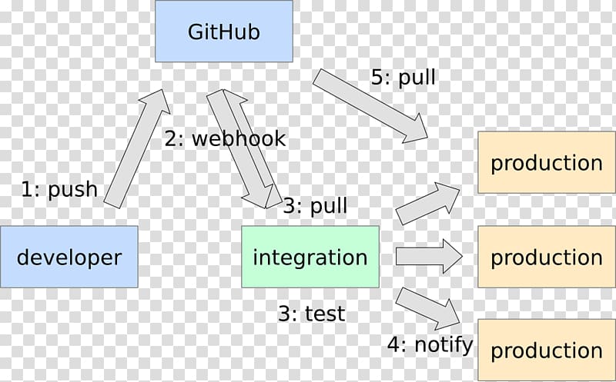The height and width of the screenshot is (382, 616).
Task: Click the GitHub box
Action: (224, 31)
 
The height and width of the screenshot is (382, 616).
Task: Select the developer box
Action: (69, 257)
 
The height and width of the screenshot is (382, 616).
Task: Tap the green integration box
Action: (310, 257)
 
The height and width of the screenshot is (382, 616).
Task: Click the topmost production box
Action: (547, 162)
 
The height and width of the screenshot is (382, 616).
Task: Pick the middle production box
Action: (547, 257)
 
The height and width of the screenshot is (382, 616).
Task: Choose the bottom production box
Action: (547, 350)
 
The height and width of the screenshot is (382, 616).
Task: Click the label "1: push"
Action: (59, 190)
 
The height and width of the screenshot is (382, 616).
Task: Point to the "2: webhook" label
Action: (225, 139)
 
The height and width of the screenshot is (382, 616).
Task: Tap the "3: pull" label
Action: (316, 206)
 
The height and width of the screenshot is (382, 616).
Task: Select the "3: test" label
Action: (312, 314)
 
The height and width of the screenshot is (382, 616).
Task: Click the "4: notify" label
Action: (430, 345)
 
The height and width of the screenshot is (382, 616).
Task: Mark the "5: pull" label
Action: (403, 77)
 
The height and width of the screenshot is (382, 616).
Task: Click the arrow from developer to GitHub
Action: (137, 148)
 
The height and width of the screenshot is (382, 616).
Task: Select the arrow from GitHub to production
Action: (370, 106)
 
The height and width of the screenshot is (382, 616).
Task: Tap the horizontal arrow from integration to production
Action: (429, 257)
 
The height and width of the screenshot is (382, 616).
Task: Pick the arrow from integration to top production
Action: (428, 204)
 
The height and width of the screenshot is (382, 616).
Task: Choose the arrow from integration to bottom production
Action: (428, 309)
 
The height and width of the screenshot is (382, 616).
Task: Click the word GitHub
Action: (224, 32)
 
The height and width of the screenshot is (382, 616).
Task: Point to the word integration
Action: (310, 257)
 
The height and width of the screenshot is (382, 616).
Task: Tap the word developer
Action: (69, 258)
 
